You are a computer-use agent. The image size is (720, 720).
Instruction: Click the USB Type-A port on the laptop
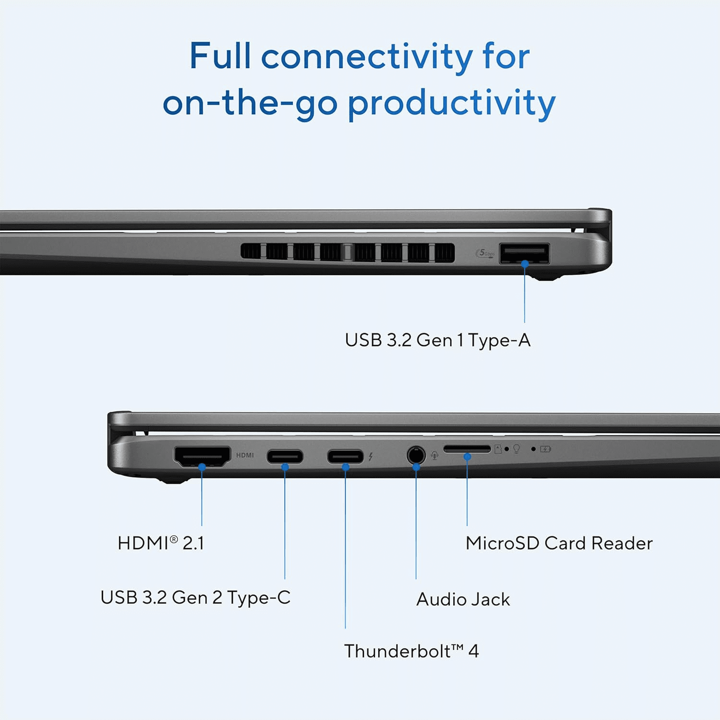point(524,253)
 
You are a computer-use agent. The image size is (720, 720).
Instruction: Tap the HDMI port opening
point(202,456)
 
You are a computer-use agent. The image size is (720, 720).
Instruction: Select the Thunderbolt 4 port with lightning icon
point(345,456)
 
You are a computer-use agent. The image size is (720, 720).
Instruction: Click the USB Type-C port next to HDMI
point(285,456)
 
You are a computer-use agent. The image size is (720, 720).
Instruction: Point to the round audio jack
point(416,455)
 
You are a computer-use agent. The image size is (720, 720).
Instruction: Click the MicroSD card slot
point(467,449)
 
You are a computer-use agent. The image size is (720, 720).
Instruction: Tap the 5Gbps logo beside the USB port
point(485,253)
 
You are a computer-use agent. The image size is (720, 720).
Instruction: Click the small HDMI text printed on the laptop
point(245,455)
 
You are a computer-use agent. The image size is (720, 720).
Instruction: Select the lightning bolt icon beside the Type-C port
point(371,456)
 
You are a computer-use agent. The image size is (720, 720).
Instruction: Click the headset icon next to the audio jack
point(434,455)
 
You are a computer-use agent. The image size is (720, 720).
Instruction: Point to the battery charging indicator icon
point(545,449)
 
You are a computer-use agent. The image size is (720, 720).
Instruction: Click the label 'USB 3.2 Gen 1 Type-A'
point(437,340)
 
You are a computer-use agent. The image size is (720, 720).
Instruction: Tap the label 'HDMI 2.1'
point(161,543)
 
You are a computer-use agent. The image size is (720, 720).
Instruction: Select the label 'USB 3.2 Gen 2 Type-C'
point(195,598)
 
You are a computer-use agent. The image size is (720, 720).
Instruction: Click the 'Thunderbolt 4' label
point(411,651)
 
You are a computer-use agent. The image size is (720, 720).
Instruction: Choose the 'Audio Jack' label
point(463,599)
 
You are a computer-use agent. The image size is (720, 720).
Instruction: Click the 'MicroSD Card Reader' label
point(559,543)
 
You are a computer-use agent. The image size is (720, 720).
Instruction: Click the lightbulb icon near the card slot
point(516,449)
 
